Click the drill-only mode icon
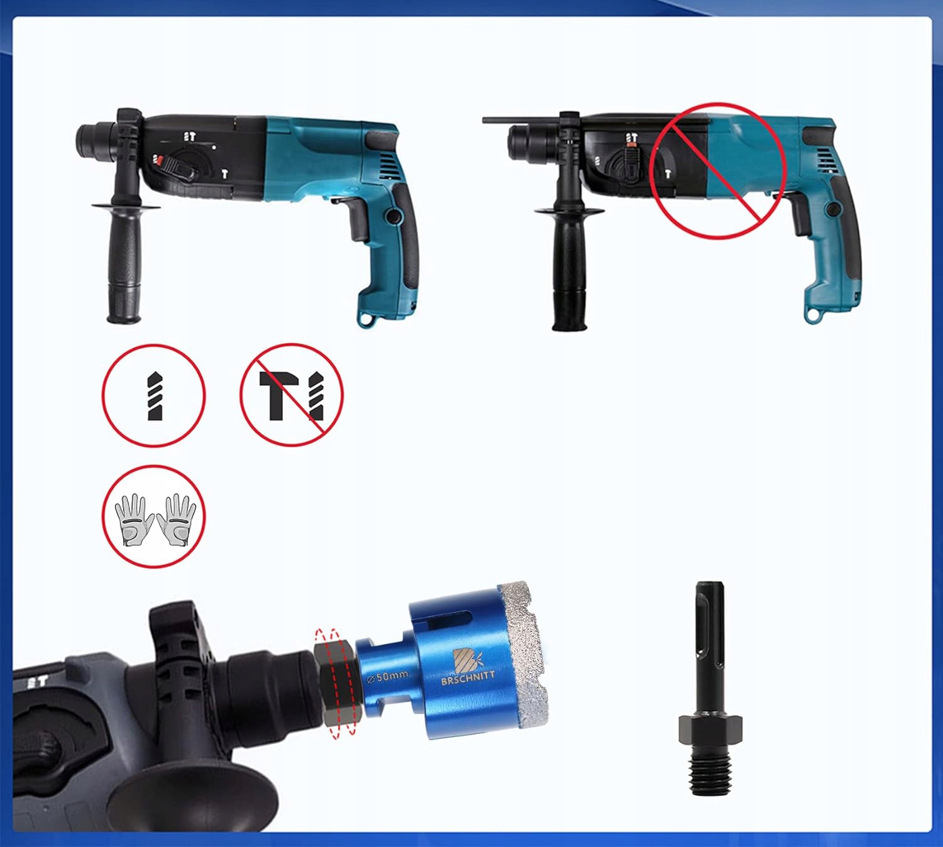coord(154,395)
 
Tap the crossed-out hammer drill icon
coord(292,395)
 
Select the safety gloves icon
coord(154,516)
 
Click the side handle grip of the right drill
coord(570,273)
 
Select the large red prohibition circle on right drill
coord(717,171)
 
